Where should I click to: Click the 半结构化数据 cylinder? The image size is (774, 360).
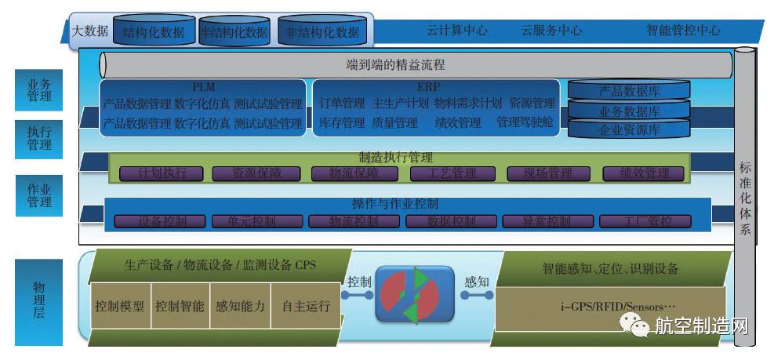click(234, 32)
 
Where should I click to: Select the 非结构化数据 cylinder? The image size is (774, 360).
click(322, 32)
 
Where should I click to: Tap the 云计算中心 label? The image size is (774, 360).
click(456, 31)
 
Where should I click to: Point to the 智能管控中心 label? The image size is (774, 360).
click(683, 31)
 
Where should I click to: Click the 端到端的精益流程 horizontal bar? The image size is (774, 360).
click(416, 64)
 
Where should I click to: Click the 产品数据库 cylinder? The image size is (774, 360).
click(629, 91)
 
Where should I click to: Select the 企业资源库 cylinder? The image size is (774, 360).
click(629, 129)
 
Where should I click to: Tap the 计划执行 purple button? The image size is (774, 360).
click(162, 173)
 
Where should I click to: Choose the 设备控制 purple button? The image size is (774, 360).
click(162, 221)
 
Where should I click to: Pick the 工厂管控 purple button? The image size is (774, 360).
click(646, 221)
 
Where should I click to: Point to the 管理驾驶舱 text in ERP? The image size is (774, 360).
click(525, 122)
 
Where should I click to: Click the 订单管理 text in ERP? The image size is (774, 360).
click(343, 103)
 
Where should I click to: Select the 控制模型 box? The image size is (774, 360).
click(119, 307)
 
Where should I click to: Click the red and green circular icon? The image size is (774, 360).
click(414, 295)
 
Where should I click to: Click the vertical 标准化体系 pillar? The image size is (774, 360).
click(745, 196)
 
